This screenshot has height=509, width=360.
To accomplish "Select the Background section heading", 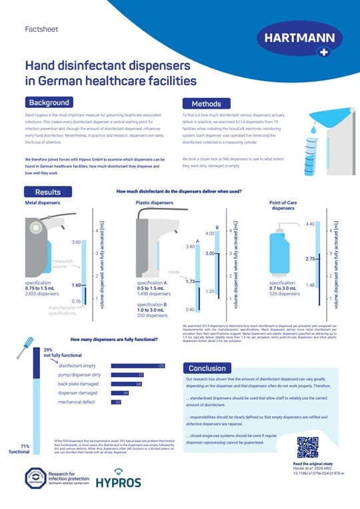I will [48, 103].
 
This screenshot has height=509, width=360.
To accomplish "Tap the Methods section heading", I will [206, 104].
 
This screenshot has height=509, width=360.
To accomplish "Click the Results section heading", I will [49, 191].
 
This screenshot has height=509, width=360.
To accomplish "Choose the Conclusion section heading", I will [207, 368].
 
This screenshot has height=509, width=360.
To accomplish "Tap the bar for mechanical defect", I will [116, 402].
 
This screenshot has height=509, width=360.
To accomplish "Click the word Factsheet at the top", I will [39, 30].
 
